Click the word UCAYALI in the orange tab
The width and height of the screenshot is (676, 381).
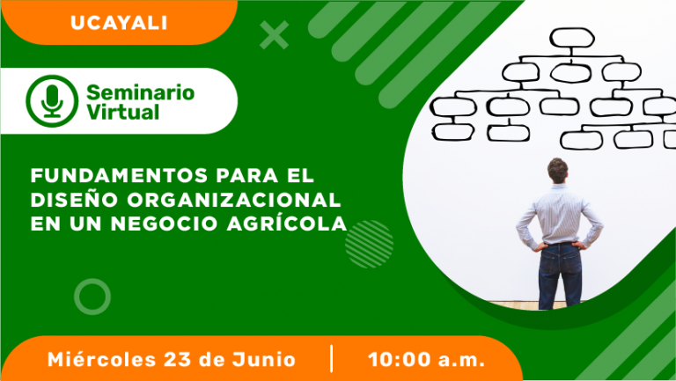click(x=119, y=23)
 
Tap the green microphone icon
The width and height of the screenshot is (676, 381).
click(x=52, y=101)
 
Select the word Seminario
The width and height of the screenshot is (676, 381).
click(x=141, y=92)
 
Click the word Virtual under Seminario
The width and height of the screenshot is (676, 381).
click(x=123, y=112)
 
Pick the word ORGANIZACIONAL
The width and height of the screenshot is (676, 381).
click(x=234, y=200)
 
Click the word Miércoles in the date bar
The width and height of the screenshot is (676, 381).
click(x=101, y=359)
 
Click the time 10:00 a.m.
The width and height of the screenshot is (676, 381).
click(x=426, y=360)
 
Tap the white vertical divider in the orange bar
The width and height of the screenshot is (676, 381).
click(x=332, y=358)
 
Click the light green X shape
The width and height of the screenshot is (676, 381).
click(x=275, y=35)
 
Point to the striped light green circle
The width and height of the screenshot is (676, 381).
click(x=369, y=244)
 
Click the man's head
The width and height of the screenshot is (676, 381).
click(x=557, y=170)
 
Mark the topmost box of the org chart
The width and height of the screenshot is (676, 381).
click(x=572, y=38)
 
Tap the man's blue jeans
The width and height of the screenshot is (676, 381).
click(x=560, y=275)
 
